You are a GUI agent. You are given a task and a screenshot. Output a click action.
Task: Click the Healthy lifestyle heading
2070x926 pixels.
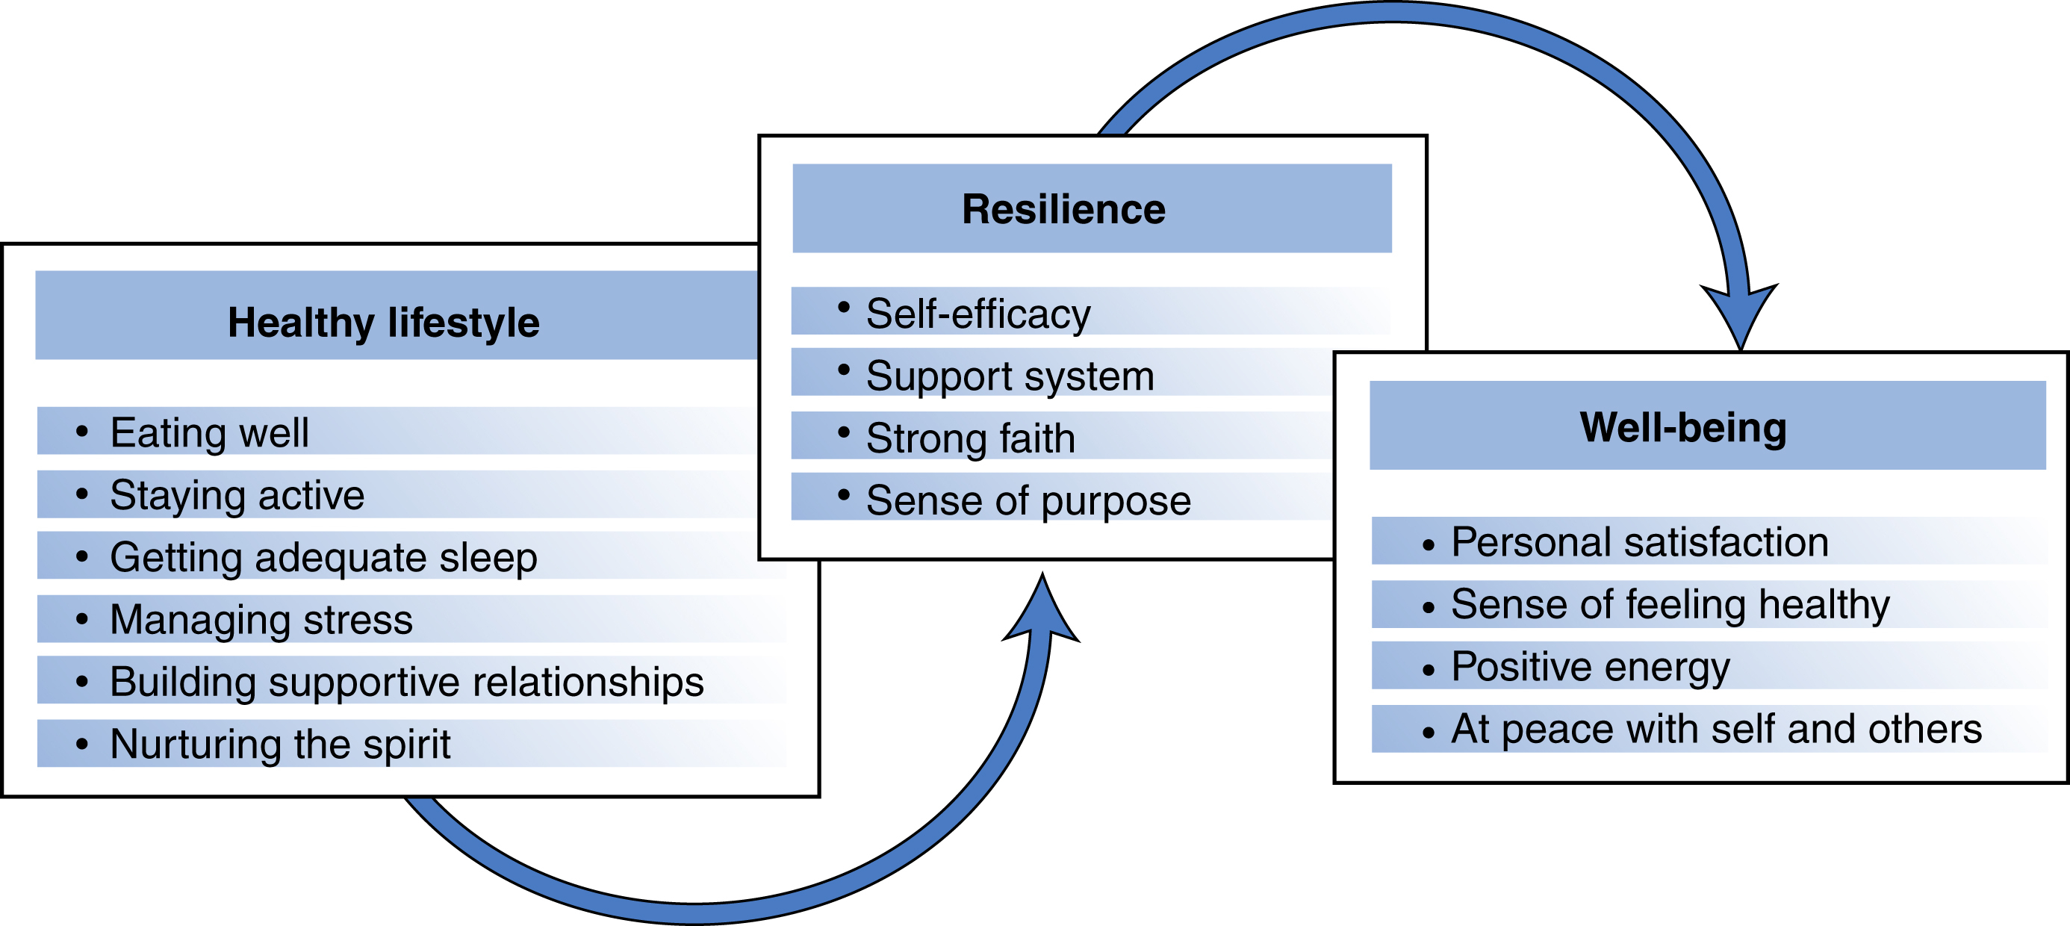[x=383, y=323]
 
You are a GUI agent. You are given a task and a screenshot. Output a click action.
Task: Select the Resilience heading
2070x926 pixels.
[x=1063, y=209]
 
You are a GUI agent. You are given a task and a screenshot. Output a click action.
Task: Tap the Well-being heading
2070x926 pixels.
[x=1682, y=427]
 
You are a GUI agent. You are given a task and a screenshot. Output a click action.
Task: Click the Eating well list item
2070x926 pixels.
[x=209, y=432]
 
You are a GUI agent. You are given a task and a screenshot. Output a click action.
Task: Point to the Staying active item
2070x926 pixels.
[x=237, y=494]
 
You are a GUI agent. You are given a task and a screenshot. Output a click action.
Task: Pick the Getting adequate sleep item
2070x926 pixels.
[x=323, y=557]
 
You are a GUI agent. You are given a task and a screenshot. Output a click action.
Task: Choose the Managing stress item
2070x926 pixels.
[x=261, y=619]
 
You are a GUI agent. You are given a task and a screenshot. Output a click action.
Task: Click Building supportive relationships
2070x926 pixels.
[x=406, y=682]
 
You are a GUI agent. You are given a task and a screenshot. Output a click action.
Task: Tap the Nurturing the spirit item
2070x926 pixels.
[x=279, y=744]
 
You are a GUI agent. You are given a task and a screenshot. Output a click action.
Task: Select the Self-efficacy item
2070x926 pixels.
[x=978, y=313]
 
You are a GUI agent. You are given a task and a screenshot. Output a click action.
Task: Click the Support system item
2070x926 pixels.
[x=1010, y=376]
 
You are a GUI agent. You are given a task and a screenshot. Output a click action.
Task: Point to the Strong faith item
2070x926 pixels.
[x=970, y=438]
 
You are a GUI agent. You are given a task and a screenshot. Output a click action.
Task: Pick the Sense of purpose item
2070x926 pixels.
[x=1028, y=500]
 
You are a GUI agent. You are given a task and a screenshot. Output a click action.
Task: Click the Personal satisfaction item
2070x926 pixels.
[x=1639, y=541]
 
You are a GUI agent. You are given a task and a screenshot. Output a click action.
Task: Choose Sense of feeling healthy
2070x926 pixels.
[x=1670, y=603]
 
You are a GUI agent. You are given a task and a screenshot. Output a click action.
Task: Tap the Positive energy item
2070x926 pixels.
[x=1589, y=666]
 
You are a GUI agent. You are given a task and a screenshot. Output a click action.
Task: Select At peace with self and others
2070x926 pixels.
[x=1715, y=728]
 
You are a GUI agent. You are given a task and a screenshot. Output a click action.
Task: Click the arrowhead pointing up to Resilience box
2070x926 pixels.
[x=1042, y=611]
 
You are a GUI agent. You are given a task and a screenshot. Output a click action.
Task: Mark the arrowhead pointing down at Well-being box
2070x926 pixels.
[x=1740, y=317]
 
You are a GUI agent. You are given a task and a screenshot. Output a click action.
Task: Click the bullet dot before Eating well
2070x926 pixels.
[x=82, y=432]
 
